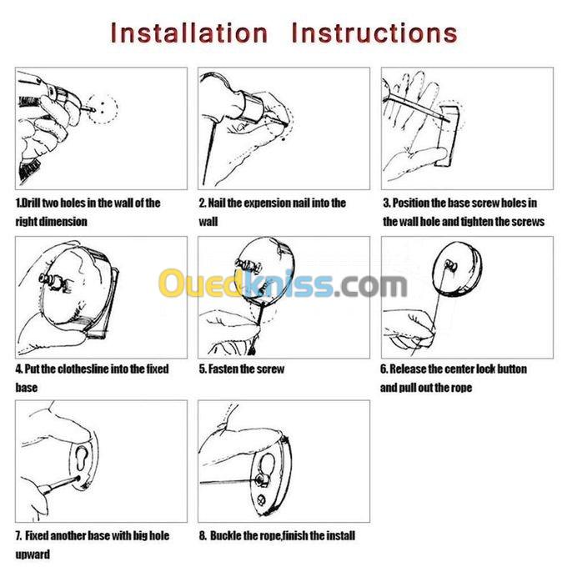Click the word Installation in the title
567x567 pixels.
[x=188, y=33]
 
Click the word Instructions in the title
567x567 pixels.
[x=374, y=33]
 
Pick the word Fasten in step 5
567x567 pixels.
[x=223, y=369]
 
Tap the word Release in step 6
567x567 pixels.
[x=408, y=369]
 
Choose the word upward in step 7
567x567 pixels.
[x=33, y=554]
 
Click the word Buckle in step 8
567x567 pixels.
[x=226, y=535]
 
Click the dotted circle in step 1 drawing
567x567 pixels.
[x=102, y=108]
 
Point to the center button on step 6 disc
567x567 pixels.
[x=451, y=266]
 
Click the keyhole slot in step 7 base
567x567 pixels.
[x=82, y=459]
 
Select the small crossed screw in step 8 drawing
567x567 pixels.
[x=261, y=500]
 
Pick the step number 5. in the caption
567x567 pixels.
[x=203, y=369]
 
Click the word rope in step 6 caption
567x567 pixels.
[x=461, y=388]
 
